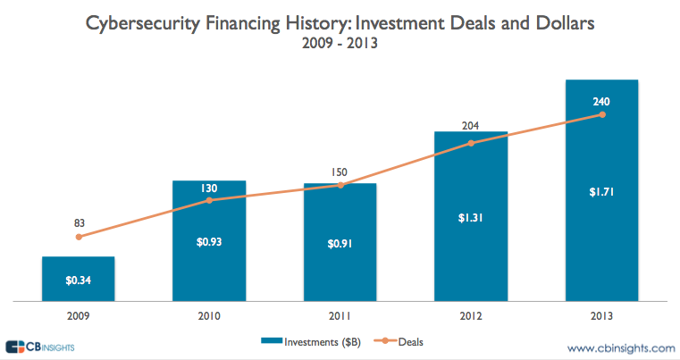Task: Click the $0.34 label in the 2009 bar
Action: [78, 280]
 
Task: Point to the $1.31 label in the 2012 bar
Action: [471, 215]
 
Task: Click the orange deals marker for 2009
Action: [79, 237]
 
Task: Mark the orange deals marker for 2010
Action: [209, 200]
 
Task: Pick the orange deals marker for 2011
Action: [340, 185]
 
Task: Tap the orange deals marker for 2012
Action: [471, 143]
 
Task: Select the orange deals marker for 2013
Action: [602, 114]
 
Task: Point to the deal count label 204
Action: [471, 126]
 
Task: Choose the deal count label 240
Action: [602, 102]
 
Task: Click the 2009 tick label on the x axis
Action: [79, 314]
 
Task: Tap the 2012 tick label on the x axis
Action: [471, 314]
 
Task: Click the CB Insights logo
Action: [39, 347]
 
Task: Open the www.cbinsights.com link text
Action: [620, 347]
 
